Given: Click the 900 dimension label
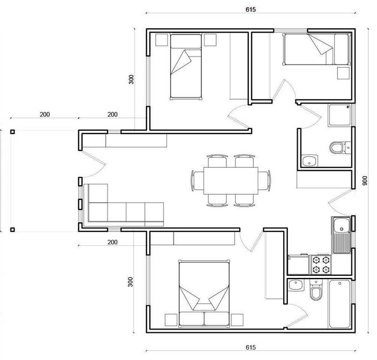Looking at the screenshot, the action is point(365,181).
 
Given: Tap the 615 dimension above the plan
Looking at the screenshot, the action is point(251,9).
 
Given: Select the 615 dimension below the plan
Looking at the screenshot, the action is point(251,347).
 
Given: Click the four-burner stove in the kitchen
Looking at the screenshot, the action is point(321,264).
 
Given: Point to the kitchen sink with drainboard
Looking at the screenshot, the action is point(342,235).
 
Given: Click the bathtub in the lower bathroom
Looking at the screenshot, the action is point(340,304).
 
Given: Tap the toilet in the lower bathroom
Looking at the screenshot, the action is point(315,290).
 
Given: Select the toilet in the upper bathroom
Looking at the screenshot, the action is point(340,147).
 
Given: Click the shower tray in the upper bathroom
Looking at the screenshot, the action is point(339,115).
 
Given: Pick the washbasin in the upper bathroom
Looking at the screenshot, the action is point(309,161).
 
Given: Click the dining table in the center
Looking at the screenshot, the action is point(231,181).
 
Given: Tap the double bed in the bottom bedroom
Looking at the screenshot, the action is point(204,294).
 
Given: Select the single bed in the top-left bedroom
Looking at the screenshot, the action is point(186,66).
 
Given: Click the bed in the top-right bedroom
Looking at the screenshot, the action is point(317,49).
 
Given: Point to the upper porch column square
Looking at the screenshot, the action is point(13,132).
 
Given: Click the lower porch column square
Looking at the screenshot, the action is point(13,230).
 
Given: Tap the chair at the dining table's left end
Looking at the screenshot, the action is point(197,181).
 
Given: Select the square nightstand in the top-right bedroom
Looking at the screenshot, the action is point(343,73).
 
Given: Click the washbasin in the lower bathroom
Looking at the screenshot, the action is point(296,285).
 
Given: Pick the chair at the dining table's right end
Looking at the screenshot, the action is point(264,181).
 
